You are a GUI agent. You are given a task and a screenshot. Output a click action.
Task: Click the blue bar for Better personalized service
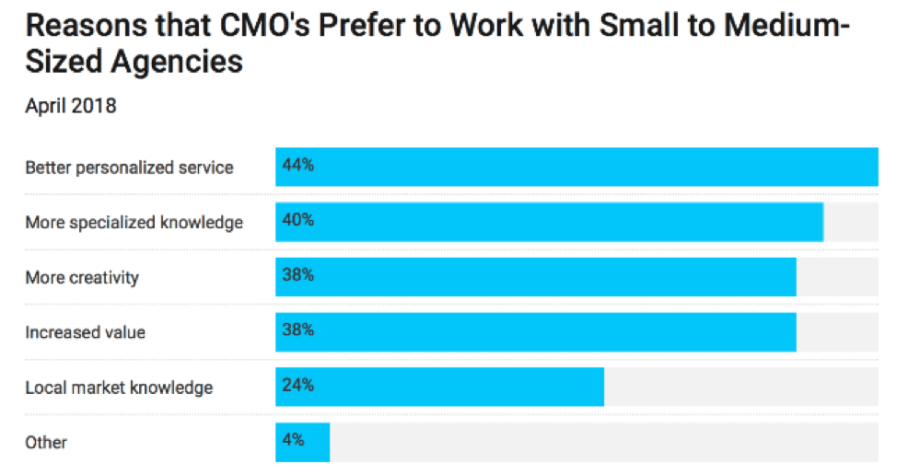(577, 168)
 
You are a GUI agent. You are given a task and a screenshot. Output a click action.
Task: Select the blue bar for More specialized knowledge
(549, 222)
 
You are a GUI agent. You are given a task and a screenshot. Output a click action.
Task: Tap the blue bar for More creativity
(535, 277)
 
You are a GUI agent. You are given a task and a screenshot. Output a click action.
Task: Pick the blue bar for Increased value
(535, 331)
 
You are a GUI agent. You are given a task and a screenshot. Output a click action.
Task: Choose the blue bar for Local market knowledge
(439, 387)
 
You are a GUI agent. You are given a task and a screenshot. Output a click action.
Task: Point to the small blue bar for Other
(302, 442)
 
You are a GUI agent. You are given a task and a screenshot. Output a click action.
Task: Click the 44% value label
(298, 167)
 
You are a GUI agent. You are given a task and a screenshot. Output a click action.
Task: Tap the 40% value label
(298, 221)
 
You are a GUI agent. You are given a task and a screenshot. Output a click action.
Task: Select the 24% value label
(298, 386)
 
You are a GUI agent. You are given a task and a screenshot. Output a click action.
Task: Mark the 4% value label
(294, 440)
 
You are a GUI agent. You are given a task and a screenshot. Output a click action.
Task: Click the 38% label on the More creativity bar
(298, 275)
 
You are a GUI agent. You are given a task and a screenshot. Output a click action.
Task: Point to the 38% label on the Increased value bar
(298, 330)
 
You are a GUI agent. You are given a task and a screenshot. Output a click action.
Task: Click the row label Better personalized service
(129, 168)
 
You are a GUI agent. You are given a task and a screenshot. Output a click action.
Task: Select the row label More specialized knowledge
(134, 223)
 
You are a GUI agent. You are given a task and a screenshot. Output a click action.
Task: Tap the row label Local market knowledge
(119, 388)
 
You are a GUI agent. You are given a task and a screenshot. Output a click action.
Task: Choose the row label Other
(46, 443)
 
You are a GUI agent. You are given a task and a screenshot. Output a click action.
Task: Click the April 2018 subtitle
(70, 107)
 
